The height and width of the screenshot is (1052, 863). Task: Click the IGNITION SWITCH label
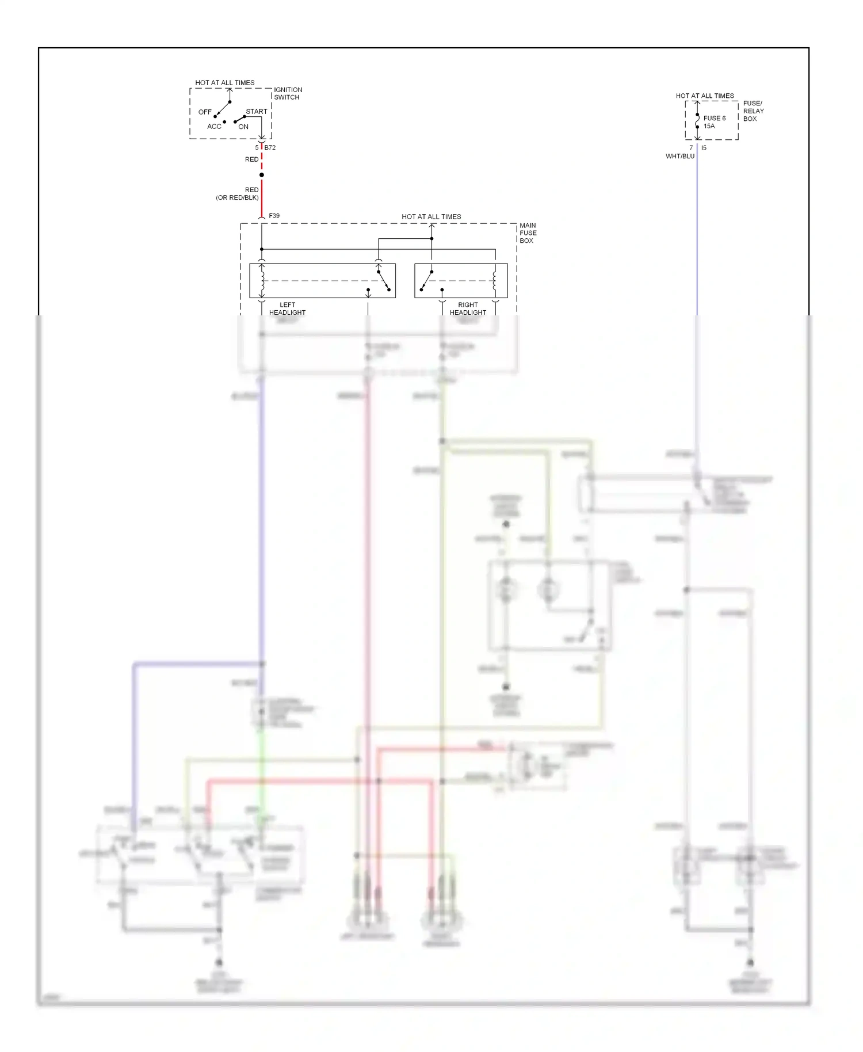(288, 93)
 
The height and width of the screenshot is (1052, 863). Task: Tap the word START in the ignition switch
(257, 112)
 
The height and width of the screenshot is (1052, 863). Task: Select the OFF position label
(205, 112)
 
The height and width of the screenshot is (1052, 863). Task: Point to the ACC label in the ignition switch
(214, 127)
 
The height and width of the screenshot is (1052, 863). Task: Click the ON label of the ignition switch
(243, 127)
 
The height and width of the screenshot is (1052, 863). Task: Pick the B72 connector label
(270, 148)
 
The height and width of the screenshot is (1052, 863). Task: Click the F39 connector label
(274, 216)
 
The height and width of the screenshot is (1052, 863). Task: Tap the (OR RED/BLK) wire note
(237, 198)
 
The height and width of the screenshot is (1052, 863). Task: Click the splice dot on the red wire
(262, 175)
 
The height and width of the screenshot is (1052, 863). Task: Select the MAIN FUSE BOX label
(528, 233)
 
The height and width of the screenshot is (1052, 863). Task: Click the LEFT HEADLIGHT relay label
(287, 309)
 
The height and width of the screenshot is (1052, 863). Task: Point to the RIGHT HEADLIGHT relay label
(468, 309)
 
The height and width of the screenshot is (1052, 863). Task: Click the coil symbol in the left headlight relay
(262, 281)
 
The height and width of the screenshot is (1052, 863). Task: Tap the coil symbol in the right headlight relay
(495, 281)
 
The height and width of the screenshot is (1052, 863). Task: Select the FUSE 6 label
(715, 118)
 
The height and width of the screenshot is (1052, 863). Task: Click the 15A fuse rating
(709, 126)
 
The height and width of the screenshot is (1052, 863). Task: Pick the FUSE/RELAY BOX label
(753, 111)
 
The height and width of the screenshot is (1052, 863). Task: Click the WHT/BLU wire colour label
(680, 157)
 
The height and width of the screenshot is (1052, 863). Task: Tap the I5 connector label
(704, 148)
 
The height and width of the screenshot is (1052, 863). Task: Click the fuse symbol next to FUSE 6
(697, 121)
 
